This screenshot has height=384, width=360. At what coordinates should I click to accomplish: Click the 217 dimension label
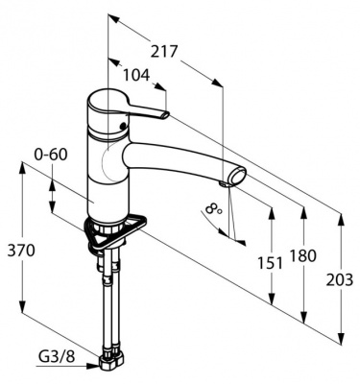(164, 51)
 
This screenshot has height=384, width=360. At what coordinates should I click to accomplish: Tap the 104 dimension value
(136, 75)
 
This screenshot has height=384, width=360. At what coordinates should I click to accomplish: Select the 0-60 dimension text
(51, 155)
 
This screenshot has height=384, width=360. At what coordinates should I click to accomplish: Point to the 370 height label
(21, 251)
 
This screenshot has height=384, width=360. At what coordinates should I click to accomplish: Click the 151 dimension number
(271, 263)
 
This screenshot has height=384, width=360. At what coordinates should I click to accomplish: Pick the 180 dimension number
(302, 256)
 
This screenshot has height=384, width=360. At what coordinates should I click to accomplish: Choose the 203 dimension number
(340, 280)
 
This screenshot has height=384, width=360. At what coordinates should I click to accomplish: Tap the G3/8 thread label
(57, 356)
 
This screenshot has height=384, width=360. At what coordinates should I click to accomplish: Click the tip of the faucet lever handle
(165, 114)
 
